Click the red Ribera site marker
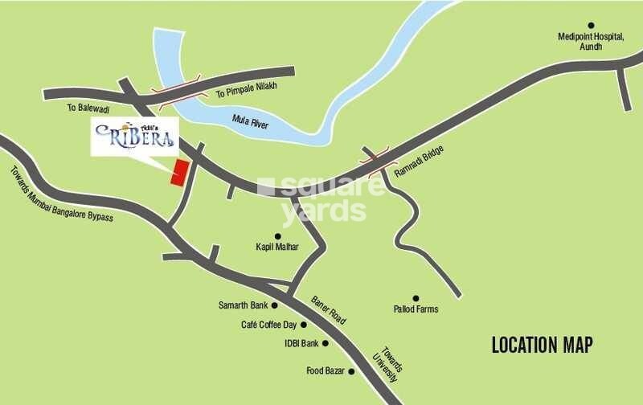pos(178,173)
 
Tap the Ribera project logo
pos(134,137)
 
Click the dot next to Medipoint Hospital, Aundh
pos(591,26)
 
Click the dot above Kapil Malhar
pos(277,236)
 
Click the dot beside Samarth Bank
pos(274,305)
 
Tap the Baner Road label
pos(329,309)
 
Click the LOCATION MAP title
pos(542,346)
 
